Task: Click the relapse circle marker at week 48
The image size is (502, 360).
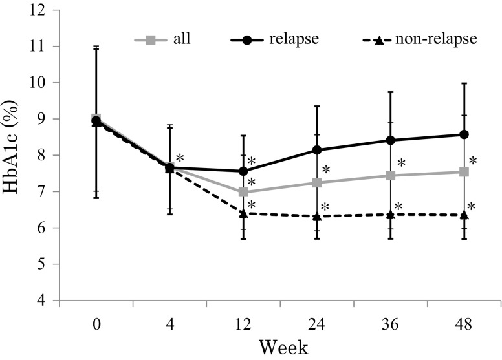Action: click(x=464, y=134)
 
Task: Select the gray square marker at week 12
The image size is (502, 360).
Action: click(x=243, y=192)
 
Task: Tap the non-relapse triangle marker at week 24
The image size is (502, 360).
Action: click(x=317, y=217)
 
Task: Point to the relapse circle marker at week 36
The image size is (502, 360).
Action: click(x=390, y=140)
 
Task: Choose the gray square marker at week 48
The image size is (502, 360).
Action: click(x=464, y=172)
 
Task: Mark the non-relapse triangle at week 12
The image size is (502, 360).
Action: click(x=243, y=213)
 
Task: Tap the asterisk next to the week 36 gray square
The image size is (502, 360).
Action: click(x=401, y=164)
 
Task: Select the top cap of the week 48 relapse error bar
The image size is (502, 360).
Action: click(x=464, y=83)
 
